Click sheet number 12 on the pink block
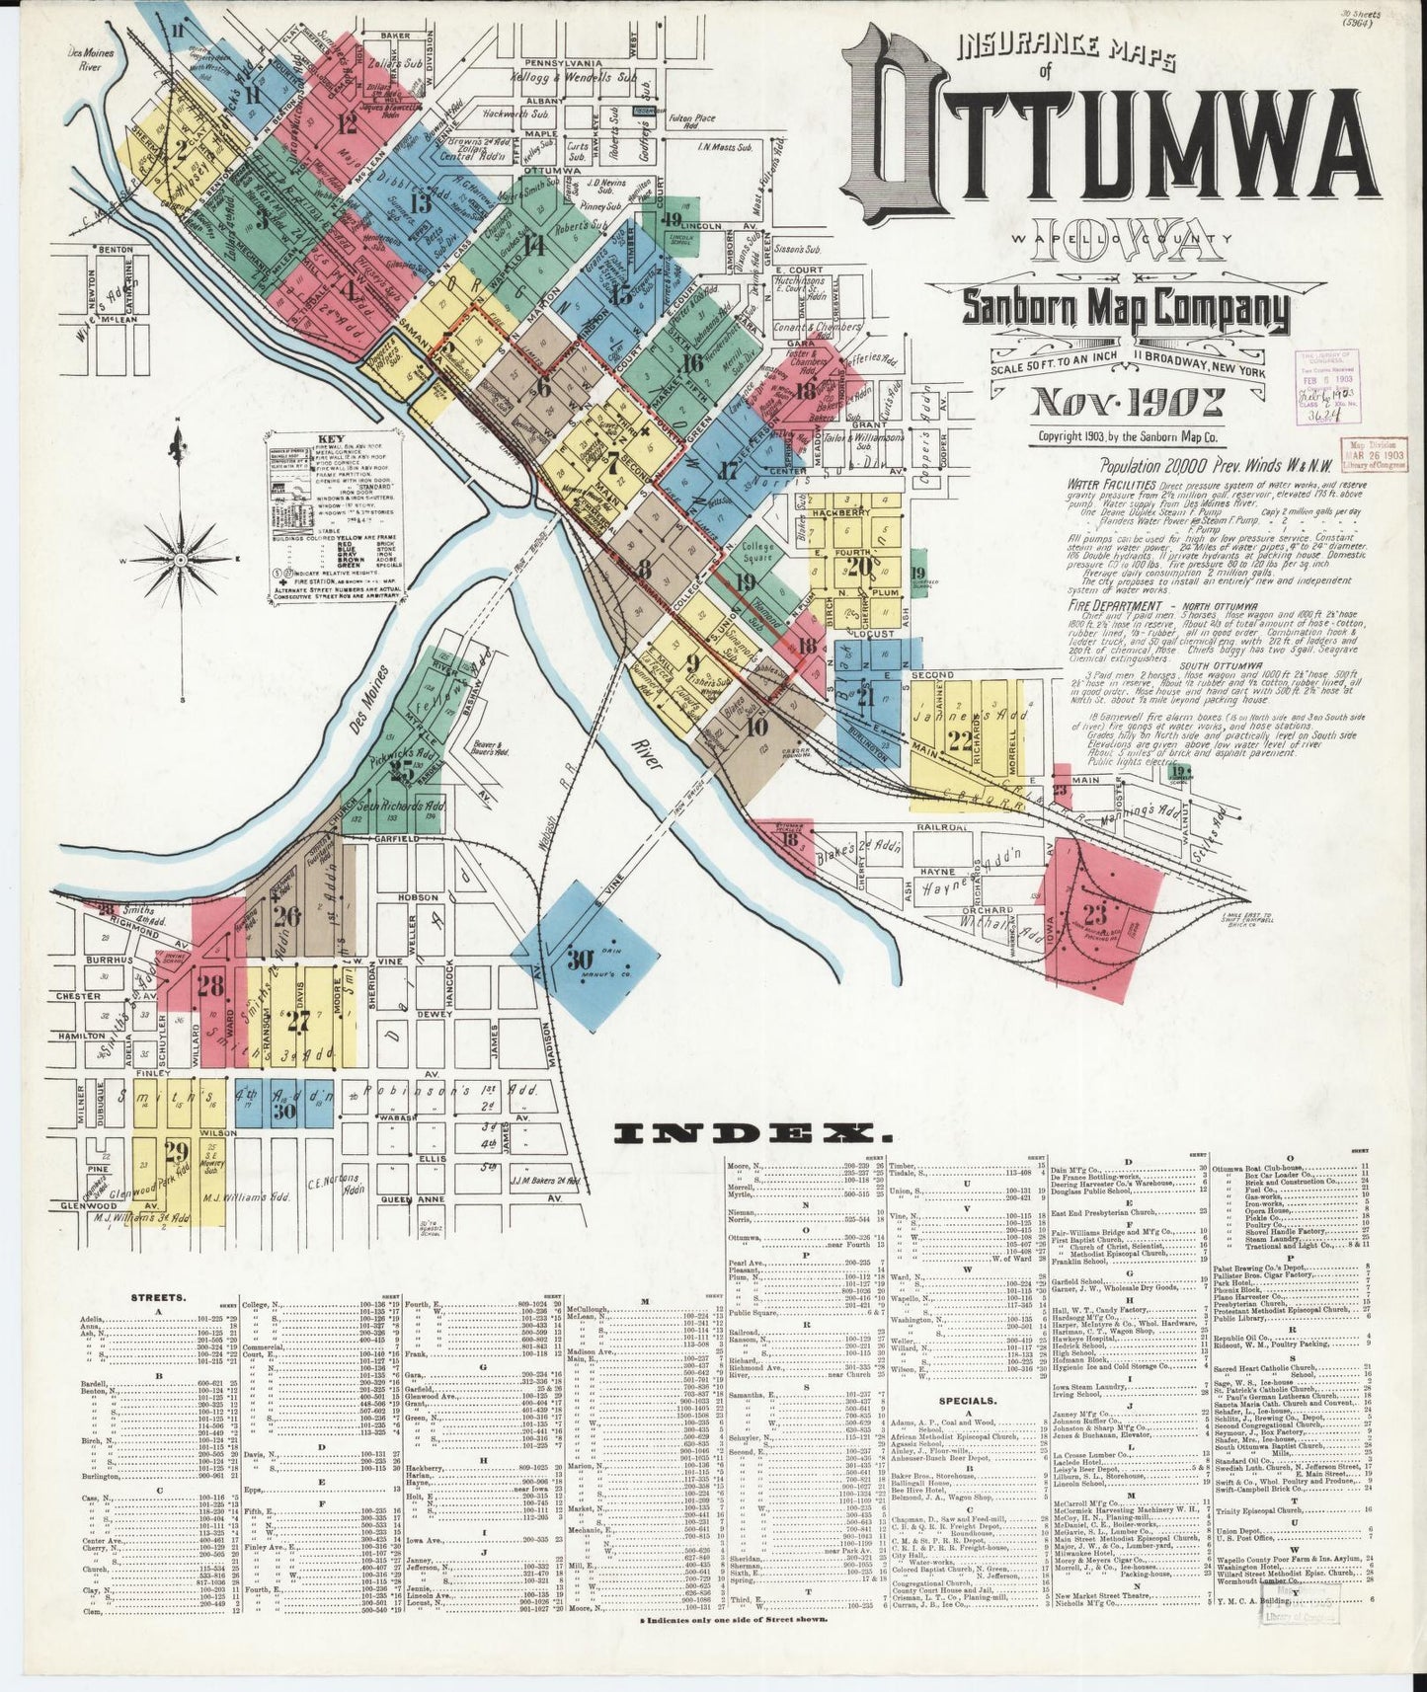[x=347, y=124]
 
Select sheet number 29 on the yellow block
[x=177, y=1151]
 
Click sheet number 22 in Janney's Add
[x=959, y=741]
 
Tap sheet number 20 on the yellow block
[x=859, y=567]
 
